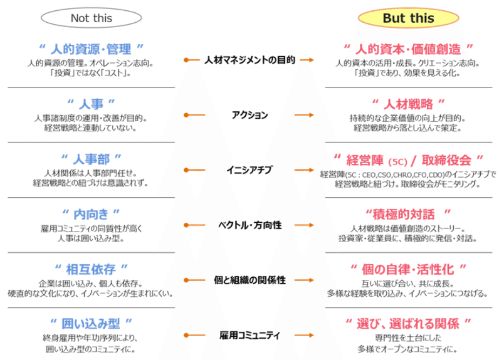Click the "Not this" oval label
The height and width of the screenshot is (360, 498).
click(91, 18)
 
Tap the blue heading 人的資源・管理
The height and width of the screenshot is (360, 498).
click(91, 49)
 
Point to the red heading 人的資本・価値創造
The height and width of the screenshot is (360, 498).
click(408, 49)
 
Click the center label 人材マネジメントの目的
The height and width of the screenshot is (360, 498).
click(250, 60)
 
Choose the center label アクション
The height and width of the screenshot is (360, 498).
click(250, 115)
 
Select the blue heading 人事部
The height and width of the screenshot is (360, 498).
click(91, 159)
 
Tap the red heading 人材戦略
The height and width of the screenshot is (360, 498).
click(408, 103)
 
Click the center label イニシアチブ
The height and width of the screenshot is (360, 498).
click(250, 170)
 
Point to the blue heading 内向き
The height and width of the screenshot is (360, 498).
click(91, 214)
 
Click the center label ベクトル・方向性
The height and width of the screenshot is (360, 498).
click(250, 225)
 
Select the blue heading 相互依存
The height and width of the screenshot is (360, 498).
click(91, 269)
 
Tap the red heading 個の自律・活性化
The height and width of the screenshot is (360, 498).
click(408, 269)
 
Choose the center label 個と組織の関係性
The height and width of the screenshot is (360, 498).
click(250, 280)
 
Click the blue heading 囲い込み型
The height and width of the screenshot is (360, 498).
click(91, 324)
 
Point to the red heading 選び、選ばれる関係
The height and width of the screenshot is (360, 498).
click(408, 324)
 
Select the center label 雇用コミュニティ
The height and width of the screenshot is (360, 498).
click(250, 336)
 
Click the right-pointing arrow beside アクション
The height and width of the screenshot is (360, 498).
click(307, 115)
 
